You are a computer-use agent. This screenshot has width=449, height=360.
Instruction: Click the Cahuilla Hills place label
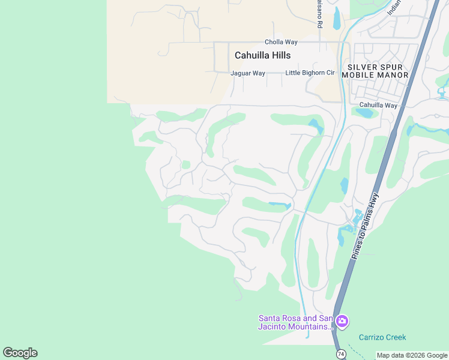[x=262, y=55]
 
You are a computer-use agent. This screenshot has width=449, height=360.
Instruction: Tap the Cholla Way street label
[x=281, y=42]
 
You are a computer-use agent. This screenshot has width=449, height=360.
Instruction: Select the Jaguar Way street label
[x=248, y=73]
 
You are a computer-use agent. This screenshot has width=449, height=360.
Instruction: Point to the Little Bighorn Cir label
[x=310, y=73]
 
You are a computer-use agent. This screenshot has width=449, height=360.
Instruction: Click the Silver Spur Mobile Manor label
[x=375, y=71]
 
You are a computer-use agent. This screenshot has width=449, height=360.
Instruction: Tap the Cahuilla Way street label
[x=378, y=105]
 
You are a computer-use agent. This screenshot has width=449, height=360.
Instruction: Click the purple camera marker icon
[x=342, y=322]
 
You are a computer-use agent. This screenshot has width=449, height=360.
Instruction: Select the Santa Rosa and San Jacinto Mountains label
[x=295, y=322]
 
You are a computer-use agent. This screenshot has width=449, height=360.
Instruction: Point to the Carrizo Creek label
[x=382, y=337]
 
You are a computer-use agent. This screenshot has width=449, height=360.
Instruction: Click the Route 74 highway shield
[x=341, y=354]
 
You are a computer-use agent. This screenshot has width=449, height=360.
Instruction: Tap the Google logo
[x=20, y=353]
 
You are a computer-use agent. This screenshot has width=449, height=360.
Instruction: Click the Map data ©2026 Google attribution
[x=412, y=355]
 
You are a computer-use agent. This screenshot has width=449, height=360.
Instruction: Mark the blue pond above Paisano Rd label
[x=337, y=18]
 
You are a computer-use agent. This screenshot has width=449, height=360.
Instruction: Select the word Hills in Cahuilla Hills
[x=279, y=55]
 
